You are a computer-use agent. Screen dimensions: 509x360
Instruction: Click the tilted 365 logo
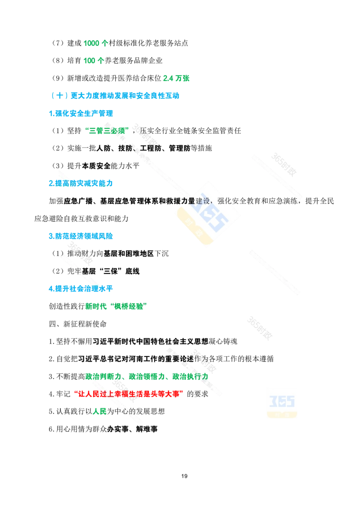[x=207, y=214]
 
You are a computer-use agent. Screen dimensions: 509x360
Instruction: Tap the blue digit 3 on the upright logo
[x=273, y=400]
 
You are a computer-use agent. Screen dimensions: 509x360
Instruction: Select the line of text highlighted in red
[x=129, y=394]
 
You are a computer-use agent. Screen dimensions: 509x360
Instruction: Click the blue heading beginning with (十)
[x=115, y=95]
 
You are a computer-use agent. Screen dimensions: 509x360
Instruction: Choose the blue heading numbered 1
[x=81, y=112]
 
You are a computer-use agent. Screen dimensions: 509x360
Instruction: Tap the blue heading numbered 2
[x=81, y=183]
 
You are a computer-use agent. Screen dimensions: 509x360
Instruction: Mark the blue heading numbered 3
[x=81, y=236]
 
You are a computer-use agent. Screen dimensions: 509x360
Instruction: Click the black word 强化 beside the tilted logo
[x=225, y=201]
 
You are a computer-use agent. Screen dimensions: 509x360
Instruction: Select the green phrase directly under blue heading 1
[x=107, y=130]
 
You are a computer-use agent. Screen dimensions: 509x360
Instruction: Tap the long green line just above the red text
[x=146, y=376]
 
